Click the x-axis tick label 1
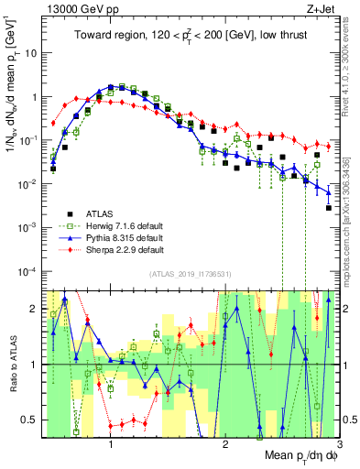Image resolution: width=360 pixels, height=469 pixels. tap(111, 445)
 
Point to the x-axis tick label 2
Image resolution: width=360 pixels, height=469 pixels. tap(225, 445)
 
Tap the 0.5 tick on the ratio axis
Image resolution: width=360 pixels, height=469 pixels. tap(32, 420)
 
